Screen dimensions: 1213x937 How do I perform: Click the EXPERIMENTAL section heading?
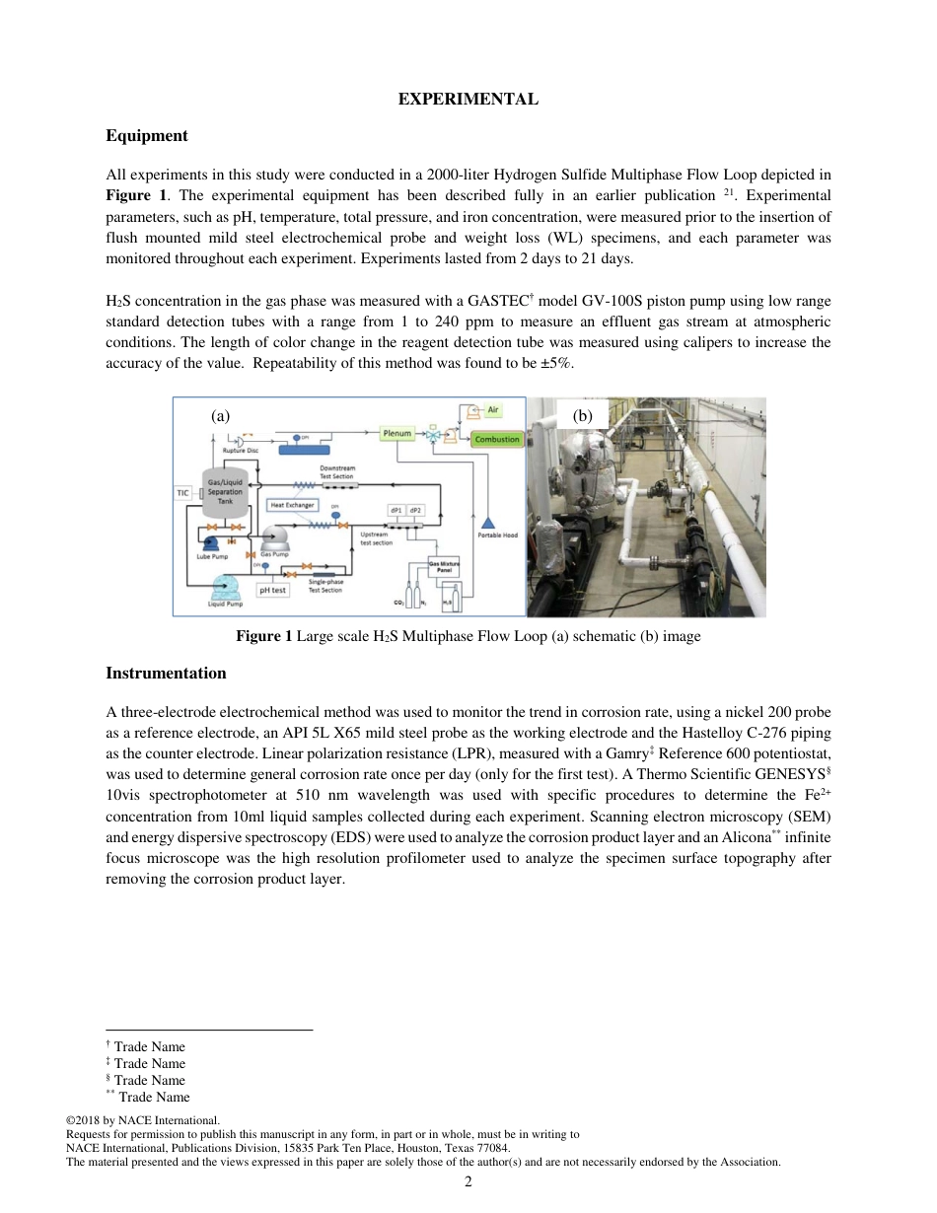(468, 100)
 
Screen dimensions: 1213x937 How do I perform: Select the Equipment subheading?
(146, 135)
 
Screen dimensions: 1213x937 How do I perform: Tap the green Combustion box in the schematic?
(496, 439)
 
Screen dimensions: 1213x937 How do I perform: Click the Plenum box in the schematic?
(396, 433)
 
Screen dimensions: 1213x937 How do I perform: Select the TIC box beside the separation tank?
(182, 492)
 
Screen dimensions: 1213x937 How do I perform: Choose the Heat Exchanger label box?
(293, 505)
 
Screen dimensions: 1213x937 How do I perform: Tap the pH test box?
(272, 590)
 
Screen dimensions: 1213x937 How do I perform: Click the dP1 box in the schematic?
(396, 510)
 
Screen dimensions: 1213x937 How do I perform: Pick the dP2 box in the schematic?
(415, 510)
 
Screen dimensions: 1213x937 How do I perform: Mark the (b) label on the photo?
(582, 416)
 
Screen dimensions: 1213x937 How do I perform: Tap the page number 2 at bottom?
(468, 1181)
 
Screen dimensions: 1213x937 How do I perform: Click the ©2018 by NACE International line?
(142, 1120)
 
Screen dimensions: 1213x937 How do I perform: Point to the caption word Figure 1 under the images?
(263, 636)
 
